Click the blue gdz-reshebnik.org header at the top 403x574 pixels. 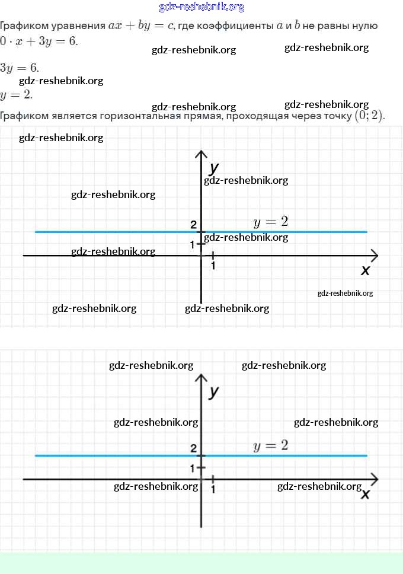pyautogui.click(x=201, y=7)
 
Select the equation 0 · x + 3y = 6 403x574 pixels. pyautogui.click(x=39, y=42)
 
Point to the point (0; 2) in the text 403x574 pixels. pyautogui.click(x=369, y=116)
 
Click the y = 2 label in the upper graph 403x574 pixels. pyautogui.click(x=270, y=222)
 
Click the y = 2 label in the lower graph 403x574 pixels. pyautogui.click(x=270, y=445)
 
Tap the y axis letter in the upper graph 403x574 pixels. pyautogui.click(x=214, y=168)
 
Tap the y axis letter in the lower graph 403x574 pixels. pyautogui.click(x=214, y=391)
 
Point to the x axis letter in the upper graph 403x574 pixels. pyautogui.click(x=365, y=270)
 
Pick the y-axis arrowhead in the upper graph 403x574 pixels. pyautogui.click(x=201, y=155)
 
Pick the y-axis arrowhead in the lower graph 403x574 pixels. pyautogui.click(x=201, y=378)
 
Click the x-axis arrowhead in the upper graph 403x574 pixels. pyautogui.click(x=374, y=256)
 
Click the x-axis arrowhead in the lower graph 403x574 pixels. pyautogui.click(x=374, y=479)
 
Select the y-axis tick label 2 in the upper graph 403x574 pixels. pyautogui.click(x=193, y=225)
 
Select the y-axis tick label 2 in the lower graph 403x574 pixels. pyautogui.click(x=193, y=448)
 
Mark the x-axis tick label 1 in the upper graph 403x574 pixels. pyautogui.click(x=213, y=266)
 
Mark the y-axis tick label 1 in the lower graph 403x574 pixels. pyautogui.click(x=193, y=468)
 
